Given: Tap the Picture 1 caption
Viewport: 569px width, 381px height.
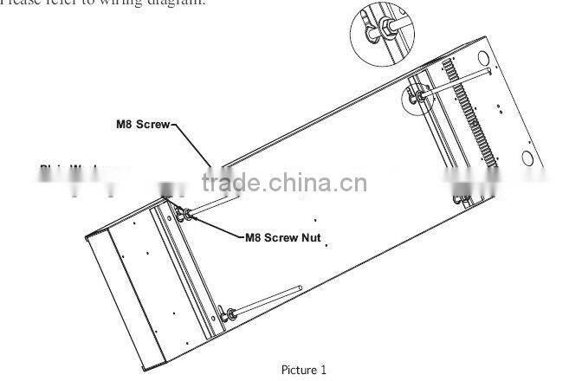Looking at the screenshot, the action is click(x=303, y=370).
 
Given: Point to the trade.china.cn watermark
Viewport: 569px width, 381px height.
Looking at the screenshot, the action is click(x=284, y=183).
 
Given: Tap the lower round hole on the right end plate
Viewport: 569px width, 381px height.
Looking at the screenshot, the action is click(x=527, y=158).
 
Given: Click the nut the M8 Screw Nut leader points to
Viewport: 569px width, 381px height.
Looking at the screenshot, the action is click(x=184, y=216).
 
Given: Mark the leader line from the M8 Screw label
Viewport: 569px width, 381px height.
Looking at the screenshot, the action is click(x=192, y=144).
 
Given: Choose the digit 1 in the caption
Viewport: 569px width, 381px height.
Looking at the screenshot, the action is click(x=323, y=370).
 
